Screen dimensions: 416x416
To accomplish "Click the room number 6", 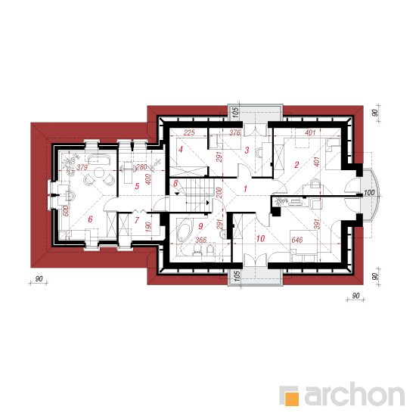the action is (x=90, y=219).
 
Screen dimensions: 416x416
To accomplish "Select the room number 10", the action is (x=260, y=238).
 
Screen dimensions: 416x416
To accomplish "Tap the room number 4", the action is (x=181, y=149).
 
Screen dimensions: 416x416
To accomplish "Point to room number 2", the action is (x=296, y=164).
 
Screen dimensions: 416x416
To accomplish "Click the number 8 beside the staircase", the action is (x=175, y=183).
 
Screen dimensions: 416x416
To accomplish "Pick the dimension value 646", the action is (x=297, y=240).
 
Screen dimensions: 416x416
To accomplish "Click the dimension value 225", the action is (x=189, y=132).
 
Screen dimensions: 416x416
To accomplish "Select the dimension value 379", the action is (x=82, y=167).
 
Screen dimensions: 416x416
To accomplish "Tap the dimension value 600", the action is (x=67, y=211).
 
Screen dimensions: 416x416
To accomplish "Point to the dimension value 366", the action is (x=201, y=240).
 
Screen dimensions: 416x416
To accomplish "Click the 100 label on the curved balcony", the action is (x=369, y=192).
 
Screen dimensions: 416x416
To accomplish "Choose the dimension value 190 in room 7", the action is (x=148, y=227).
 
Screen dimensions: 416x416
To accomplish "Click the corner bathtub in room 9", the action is (x=185, y=231).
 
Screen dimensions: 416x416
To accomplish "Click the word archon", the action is (x=355, y=394).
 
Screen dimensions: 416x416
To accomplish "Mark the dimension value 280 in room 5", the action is (x=141, y=167).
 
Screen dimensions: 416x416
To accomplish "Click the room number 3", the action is (x=247, y=151).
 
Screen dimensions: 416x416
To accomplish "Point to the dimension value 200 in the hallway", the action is (x=219, y=193).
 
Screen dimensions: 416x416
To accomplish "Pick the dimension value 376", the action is (x=234, y=132).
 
